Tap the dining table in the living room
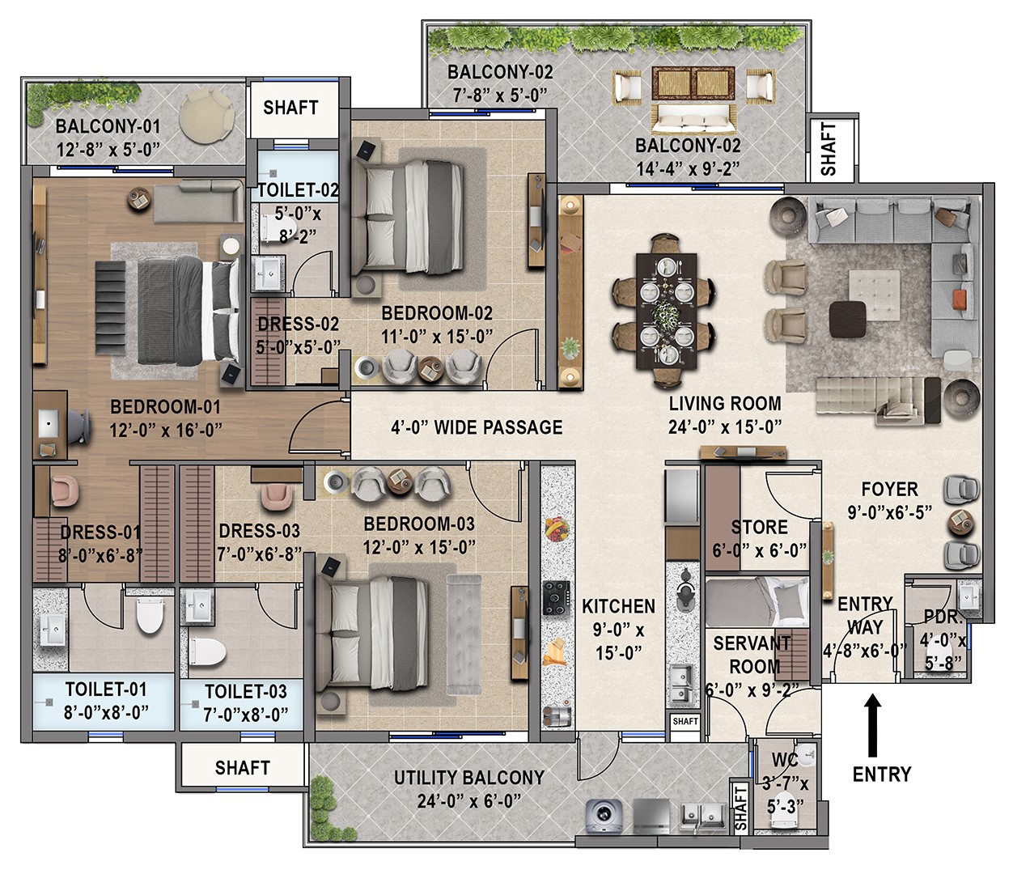665,311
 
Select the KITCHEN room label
618,606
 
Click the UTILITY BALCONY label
468,778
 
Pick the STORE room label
759,528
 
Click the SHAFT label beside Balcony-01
290,107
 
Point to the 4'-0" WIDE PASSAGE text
477,427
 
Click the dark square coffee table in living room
847,318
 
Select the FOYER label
889,490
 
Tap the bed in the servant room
757,602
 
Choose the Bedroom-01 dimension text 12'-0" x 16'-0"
165,431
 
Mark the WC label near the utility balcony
784,761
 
